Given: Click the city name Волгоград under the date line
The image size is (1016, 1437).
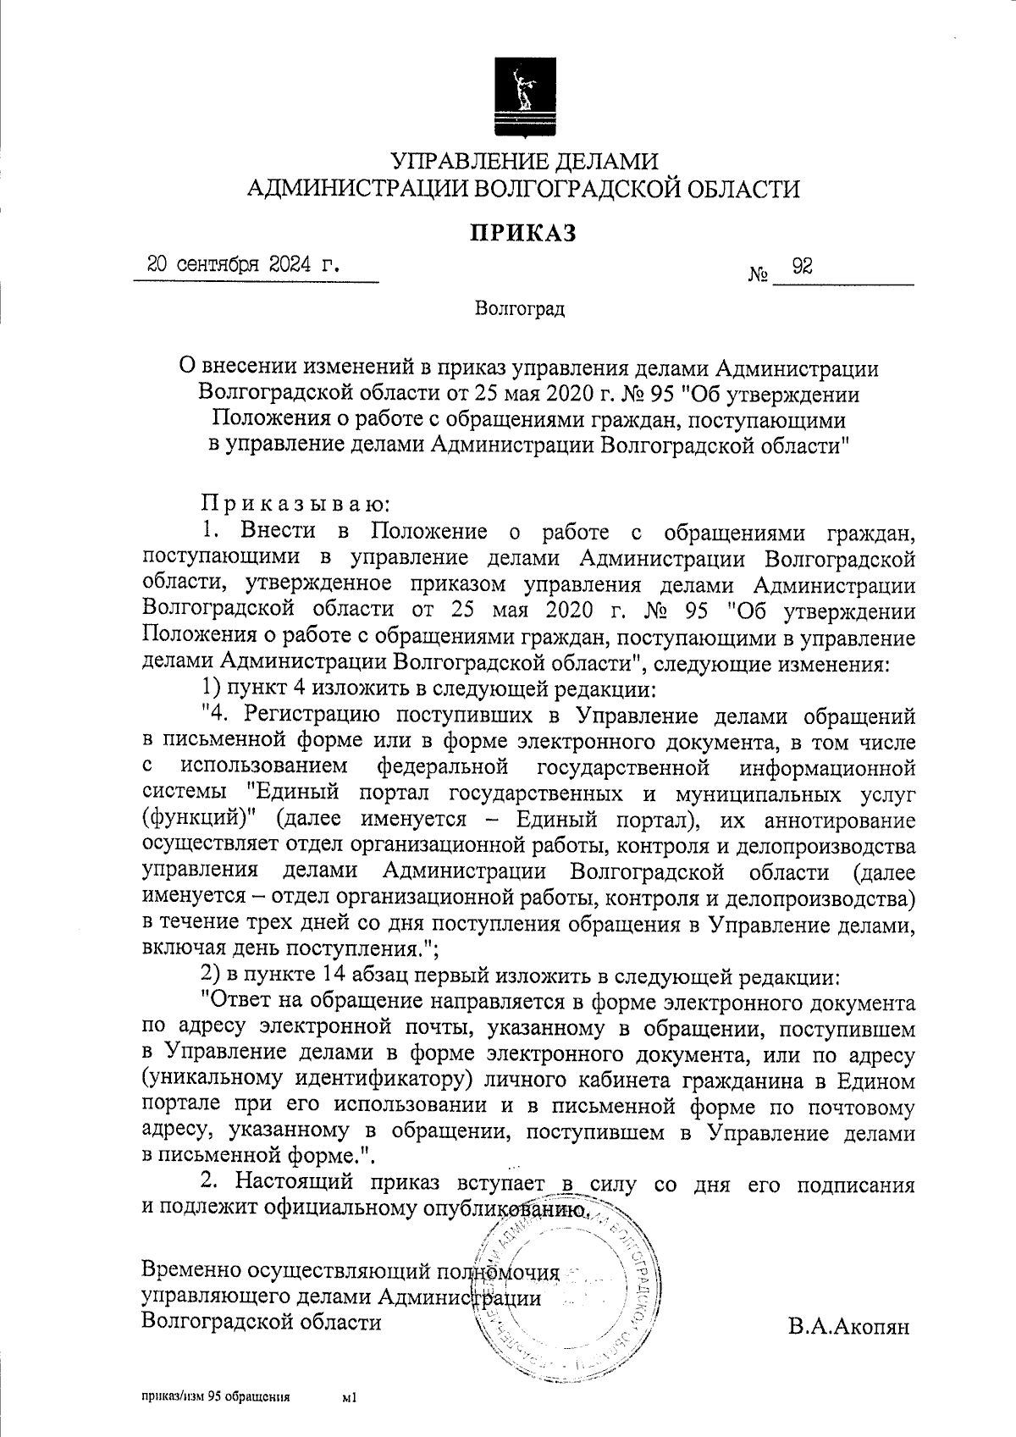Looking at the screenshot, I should coord(520,309).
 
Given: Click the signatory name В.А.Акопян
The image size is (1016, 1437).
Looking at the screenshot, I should coord(848,1326).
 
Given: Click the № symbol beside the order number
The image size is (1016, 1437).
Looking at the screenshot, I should coord(759,275).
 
